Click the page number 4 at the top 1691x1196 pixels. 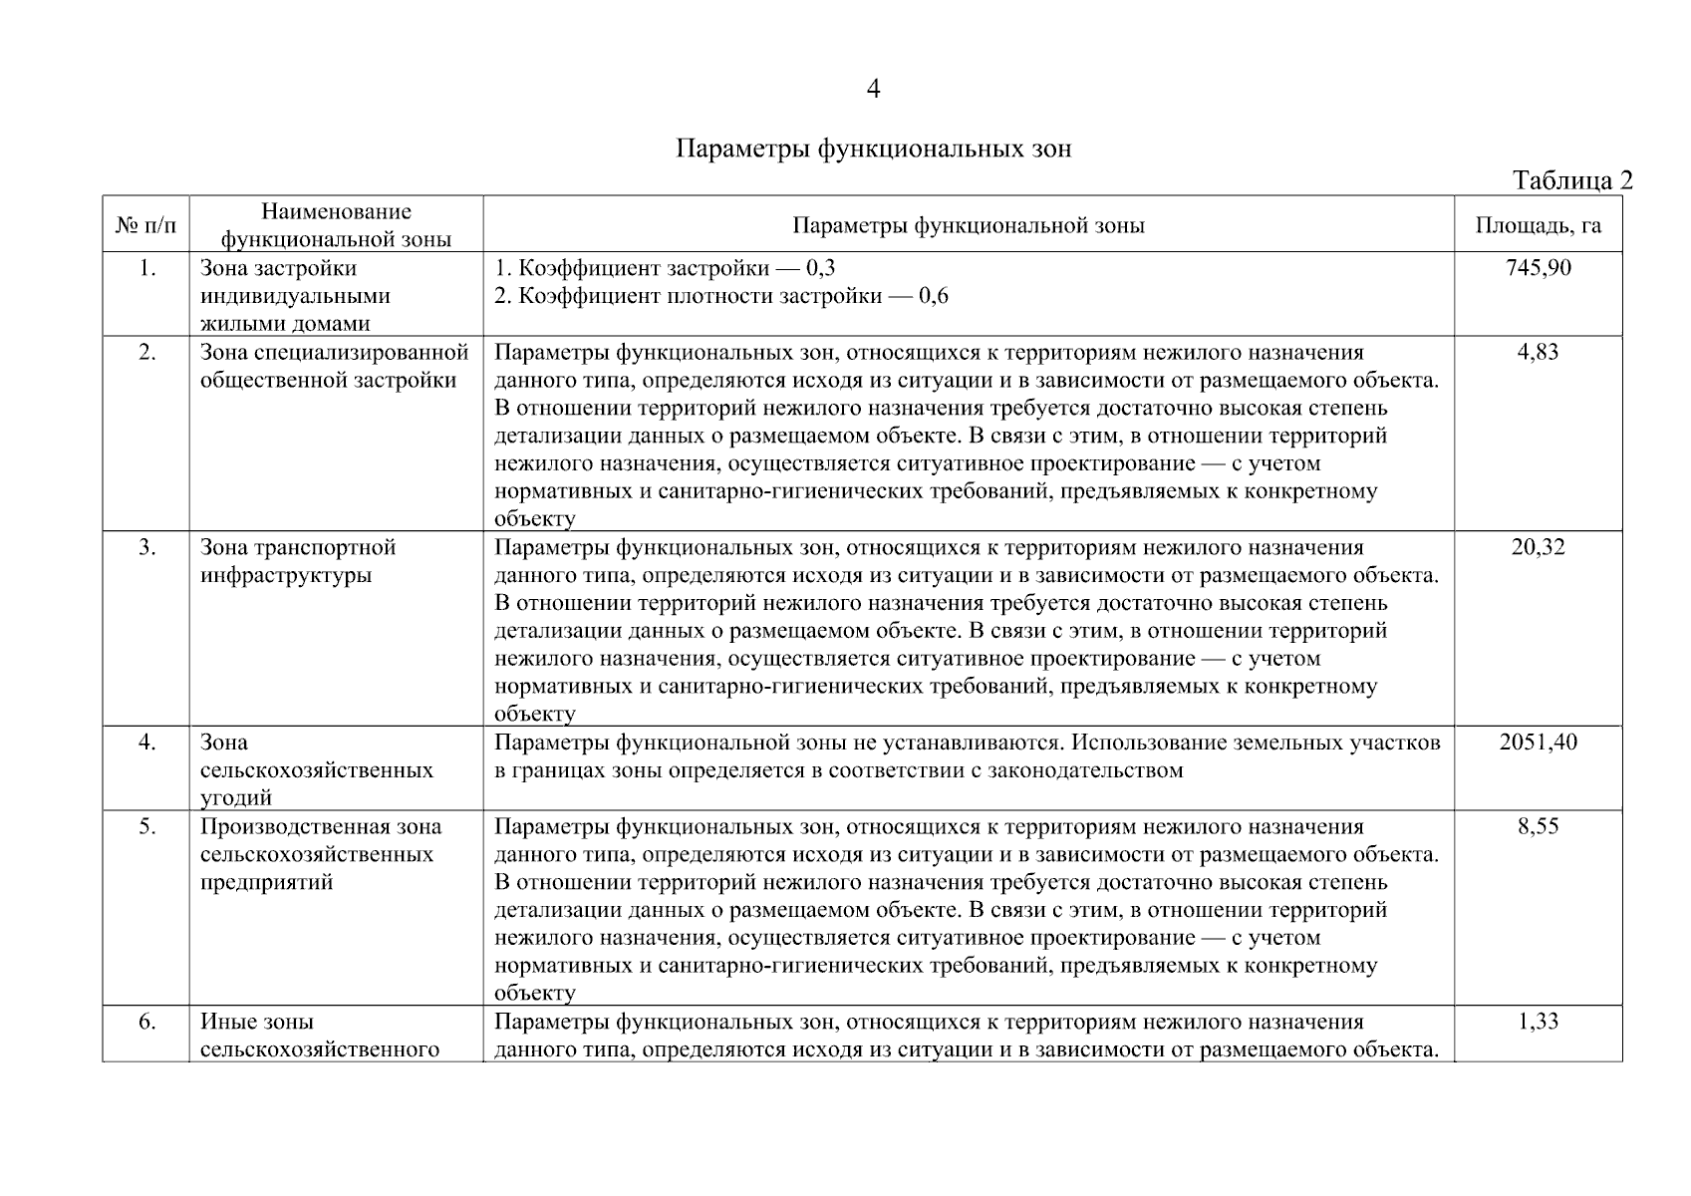click(x=873, y=90)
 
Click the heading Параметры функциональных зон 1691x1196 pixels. click(x=873, y=149)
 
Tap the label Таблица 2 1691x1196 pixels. click(x=1571, y=180)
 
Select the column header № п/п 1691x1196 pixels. click(x=145, y=225)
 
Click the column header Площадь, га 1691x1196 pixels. click(x=1538, y=225)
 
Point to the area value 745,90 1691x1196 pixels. click(x=1538, y=268)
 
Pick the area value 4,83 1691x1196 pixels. click(x=1538, y=352)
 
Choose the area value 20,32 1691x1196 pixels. click(x=1538, y=547)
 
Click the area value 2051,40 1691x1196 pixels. click(x=1538, y=743)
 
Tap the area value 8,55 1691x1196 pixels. click(x=1538, y=826)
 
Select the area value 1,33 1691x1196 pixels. click(x=1538, y=1022)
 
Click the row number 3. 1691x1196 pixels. click(x=146, y=547)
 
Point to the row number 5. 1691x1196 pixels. click(x=146, y=826)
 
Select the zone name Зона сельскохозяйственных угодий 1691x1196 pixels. click(x=316, y=769)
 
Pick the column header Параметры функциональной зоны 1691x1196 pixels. click(x=968, y=225)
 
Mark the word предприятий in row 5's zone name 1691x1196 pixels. click(x=266, y=882)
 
